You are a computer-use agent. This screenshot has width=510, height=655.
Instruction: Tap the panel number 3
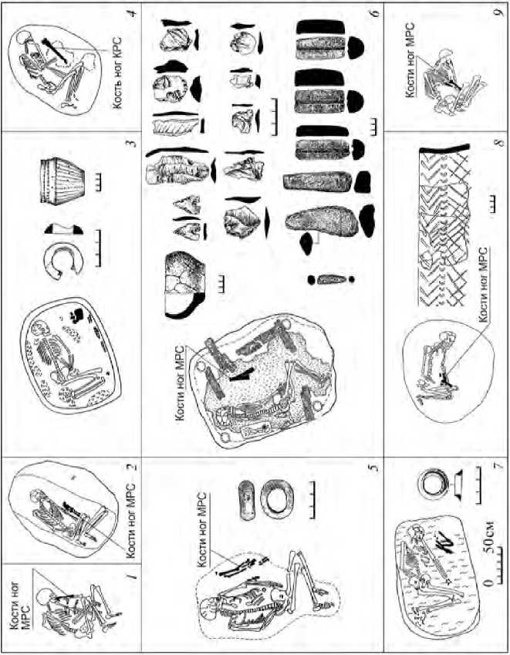click(132, 141)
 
